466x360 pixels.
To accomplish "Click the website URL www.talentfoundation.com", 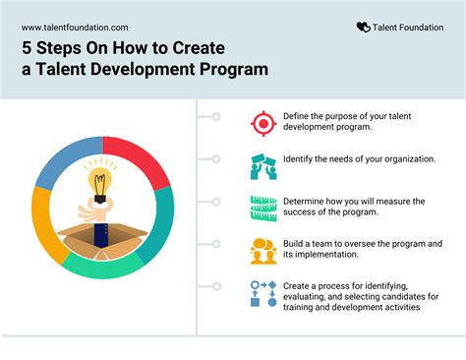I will click(75, 29).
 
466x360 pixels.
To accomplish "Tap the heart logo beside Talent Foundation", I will click(363, 29).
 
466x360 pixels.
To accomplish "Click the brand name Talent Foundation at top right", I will click(411, 29).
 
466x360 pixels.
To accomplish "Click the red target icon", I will click(262, 122).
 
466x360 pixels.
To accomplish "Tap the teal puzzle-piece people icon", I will click(262, 165).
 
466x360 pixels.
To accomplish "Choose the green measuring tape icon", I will click(262, 208).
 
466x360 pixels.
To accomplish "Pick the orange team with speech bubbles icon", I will click(262, 250).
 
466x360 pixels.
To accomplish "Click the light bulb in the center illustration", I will click(99, 184).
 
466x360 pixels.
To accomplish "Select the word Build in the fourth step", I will click(296, 243).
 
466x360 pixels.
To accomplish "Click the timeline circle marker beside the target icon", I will click(214, 117).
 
